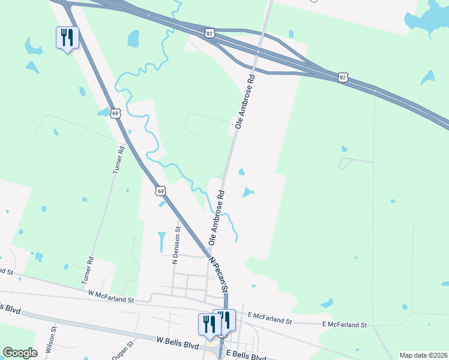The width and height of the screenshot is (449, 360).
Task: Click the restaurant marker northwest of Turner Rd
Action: [67, 38]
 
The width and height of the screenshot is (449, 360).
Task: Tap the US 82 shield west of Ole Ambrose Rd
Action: [208, 34]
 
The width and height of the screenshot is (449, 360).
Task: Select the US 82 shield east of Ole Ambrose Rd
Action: [342, 77]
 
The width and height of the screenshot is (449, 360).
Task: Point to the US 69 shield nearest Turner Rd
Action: [116, 113]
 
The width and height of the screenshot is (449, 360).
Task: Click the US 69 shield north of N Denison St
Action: [160, 191]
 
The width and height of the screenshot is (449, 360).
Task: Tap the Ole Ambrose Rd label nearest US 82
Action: [246, 101]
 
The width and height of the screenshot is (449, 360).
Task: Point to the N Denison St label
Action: [176, 245]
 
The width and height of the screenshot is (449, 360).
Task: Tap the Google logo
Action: [20, 353]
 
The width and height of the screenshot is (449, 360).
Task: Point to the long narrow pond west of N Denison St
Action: [161, 242]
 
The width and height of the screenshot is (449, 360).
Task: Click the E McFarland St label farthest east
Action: [344, 325]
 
